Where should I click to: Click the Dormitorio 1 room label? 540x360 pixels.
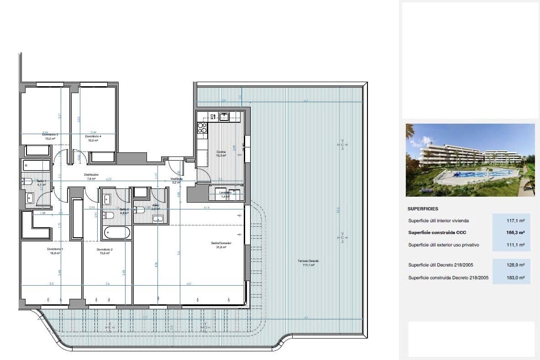[x=55, y=249]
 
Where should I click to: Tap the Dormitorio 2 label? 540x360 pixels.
[x=105, y=250]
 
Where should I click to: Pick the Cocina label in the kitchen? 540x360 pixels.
[x=220, y=152]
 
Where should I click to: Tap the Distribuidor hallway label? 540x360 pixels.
[x=91, y=174]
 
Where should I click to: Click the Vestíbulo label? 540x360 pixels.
[x=177, y=179]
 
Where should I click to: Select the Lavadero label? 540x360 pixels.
[x=225, y=193]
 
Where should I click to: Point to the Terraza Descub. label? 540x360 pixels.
[x=309, y=261]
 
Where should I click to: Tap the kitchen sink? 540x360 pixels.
[x=224, y=117]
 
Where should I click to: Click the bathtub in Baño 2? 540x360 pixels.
[x=115, y=233]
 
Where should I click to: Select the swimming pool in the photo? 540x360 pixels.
[x=475, y=174]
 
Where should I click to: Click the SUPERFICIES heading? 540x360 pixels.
[x=423, y=209]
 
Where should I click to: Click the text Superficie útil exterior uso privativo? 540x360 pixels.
[x=443, y=245]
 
